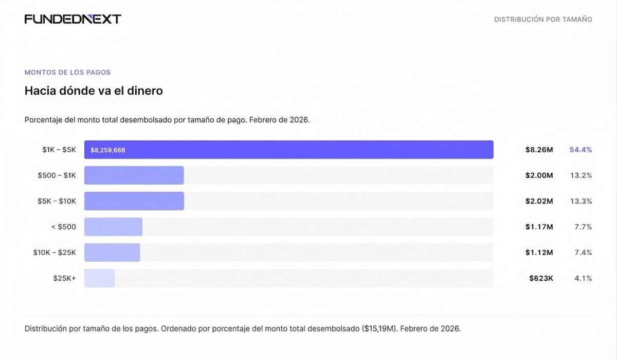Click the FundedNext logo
tap(72, 19)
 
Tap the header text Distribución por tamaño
tap(543, 20)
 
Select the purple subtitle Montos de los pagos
tap(67, 73)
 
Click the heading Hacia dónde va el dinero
tap(94, 91)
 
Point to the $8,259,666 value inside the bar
tap(108, 150)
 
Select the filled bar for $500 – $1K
tap(134, 175)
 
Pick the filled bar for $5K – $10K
tap(134, 201)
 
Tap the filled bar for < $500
tap(113, 227)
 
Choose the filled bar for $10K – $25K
tap(112, 253)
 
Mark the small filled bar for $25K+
tap(99, 278)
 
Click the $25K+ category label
tap(64, 278)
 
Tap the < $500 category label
tap(63, 227)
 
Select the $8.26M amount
tap(539, 150)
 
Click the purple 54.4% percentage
tap(580, 150)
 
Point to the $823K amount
tap(541, 278)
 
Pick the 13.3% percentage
tap(582, 201)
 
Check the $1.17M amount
tap(539, 227)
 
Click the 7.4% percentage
tap(583, 253)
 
